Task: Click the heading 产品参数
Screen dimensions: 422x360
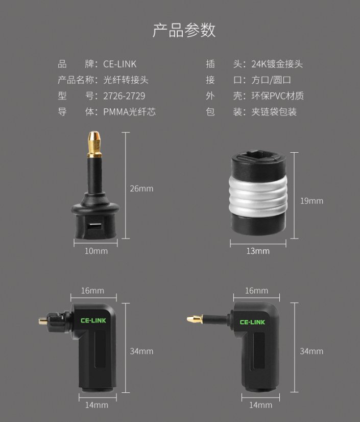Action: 184,30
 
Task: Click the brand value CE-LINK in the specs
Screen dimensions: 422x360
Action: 120,64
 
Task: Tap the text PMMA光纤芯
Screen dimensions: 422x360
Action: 129,112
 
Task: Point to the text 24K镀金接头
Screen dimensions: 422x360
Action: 277,64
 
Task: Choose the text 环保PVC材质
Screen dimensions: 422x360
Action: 277,96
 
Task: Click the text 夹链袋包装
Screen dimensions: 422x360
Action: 274,112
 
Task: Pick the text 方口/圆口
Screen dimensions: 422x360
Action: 271,80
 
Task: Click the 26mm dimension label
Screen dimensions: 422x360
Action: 141,189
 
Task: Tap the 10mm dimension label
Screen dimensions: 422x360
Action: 96,251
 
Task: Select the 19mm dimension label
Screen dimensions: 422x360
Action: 311,201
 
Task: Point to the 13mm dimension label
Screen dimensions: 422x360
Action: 258,251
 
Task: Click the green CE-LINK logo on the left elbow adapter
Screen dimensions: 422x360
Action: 93,321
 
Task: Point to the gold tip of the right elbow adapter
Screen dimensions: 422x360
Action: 193,320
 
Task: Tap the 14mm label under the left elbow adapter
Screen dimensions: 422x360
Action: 97,405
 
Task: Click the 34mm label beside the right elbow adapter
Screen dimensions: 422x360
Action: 311,351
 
